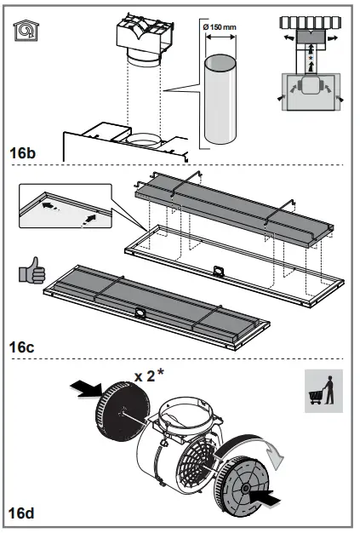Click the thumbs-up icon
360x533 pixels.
click(30, 274)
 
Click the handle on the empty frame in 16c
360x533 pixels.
click(219, 272)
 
